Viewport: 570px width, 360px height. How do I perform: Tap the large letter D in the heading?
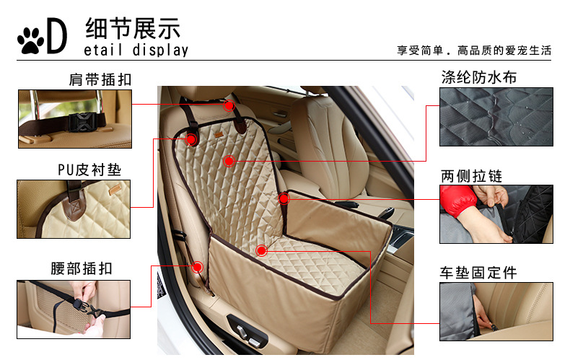coord(57,35)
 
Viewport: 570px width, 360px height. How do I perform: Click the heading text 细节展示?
coord(133,28)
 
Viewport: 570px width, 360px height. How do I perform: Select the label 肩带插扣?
coord(100,79)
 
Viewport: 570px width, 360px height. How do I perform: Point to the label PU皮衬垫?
coord(89,170)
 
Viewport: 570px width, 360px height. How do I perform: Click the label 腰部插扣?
coord(82,268)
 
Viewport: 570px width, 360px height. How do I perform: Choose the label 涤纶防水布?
coord(479,77)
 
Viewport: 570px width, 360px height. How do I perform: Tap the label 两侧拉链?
coord(471,176)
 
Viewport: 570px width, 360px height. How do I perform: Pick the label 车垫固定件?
coord(478,273)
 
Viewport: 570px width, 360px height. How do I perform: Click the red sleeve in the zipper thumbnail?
coord(457,200)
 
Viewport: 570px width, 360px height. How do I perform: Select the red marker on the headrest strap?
coord(229,106)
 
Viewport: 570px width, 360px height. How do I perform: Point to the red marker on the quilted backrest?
coord(229,161)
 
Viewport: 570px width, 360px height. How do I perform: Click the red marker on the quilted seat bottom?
coord(261,250)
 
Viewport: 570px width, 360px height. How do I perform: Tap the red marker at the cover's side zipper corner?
coord(284,198)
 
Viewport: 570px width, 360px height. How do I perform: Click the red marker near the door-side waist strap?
coord(198,267)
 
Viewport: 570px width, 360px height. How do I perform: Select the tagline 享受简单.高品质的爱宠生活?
coord(474,51)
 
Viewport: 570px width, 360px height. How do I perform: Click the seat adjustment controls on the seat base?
coord(247,335)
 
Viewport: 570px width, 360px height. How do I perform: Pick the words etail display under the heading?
coord(136,51)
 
